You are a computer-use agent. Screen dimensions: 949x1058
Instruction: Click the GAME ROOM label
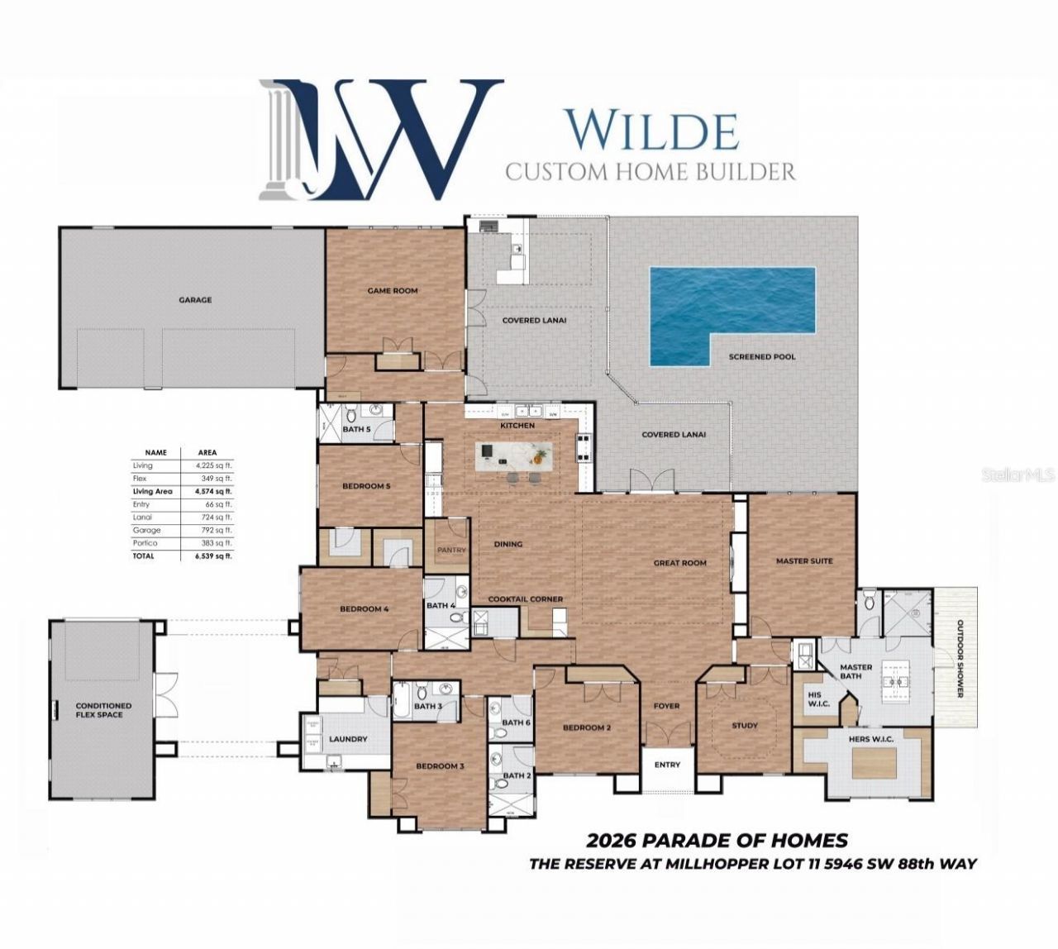point(393,291)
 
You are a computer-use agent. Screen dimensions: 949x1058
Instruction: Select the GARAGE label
point(195,300)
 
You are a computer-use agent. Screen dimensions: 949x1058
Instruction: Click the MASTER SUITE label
point(803,561)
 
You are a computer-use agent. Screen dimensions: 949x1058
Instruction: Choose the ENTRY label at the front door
point(667,765)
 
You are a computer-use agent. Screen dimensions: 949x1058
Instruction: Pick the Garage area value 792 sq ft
point(217,530)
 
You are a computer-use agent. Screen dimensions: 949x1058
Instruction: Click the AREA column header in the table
point(207,453)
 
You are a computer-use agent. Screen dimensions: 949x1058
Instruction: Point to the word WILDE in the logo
point(651,130)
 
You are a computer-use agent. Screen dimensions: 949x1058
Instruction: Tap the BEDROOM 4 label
point(364,609)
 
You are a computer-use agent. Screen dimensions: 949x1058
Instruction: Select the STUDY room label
point(745,726)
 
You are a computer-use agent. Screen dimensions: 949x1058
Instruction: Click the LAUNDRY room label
point(348,739)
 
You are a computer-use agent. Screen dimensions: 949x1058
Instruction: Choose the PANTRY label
point(451,550)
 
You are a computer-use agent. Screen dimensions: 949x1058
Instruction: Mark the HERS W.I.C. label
point(871,739)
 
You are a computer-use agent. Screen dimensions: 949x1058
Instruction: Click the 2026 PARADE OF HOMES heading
point(717,841)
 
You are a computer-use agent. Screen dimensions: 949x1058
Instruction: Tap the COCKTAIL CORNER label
point(526,599)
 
